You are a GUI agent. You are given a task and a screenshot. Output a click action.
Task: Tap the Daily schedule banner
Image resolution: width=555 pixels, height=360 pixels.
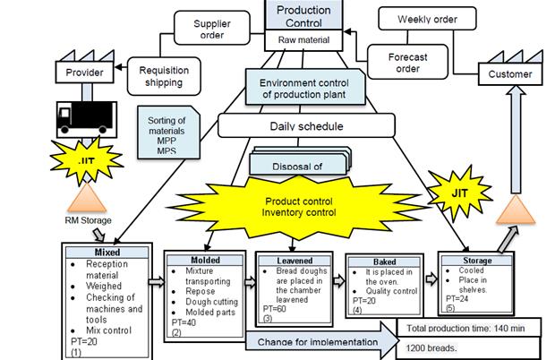307,126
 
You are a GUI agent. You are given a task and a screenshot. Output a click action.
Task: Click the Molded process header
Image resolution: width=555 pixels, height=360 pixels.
205,260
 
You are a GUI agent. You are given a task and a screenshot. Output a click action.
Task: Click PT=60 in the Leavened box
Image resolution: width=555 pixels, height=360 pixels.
273,308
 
